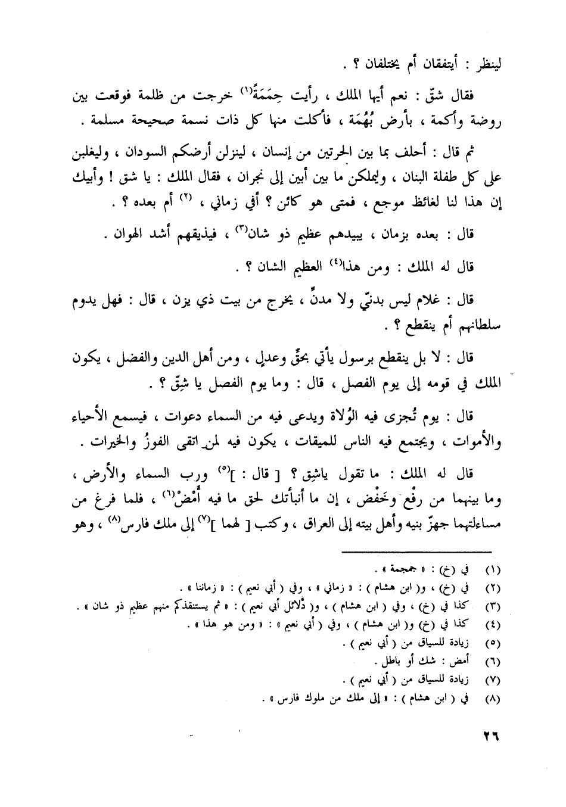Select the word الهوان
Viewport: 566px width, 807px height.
pos(123,235)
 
